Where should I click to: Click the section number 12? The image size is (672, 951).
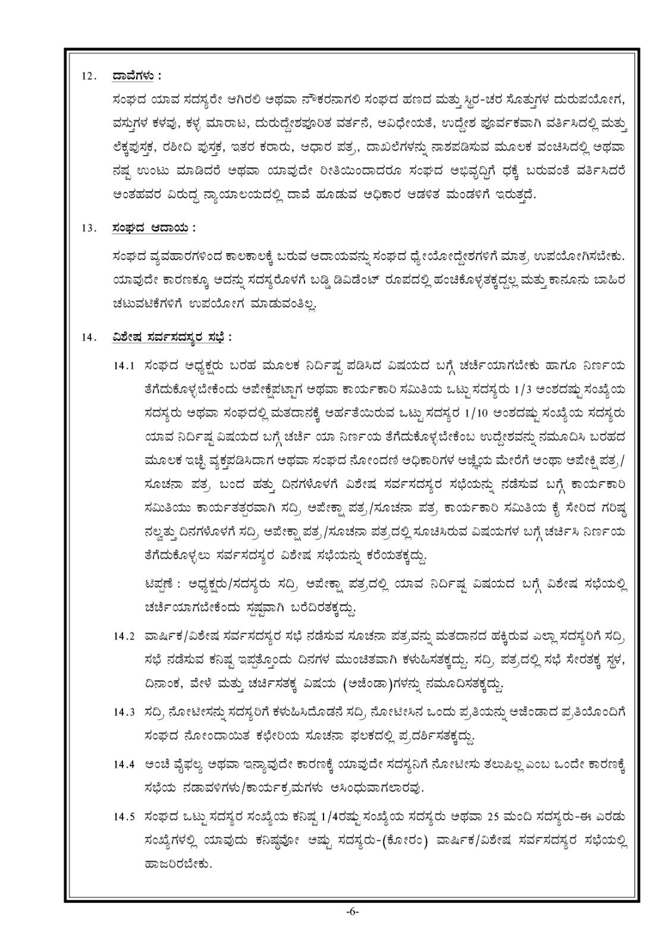tap(89, 77)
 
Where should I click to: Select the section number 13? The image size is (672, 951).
tap(89, 228)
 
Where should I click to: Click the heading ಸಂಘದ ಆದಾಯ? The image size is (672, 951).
tap(150, 228)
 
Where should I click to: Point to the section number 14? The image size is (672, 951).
tap(89, 338)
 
